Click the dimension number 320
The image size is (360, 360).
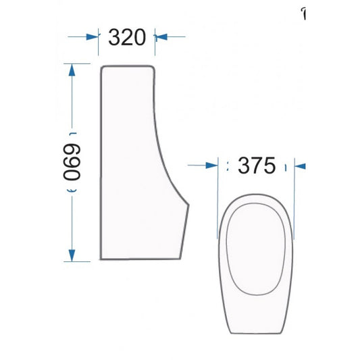(x=128, y=37)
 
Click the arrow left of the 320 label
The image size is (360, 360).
(x=92, y=37)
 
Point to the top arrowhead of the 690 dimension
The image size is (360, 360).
(x=70, y=68)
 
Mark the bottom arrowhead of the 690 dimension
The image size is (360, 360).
(x=70, y=257)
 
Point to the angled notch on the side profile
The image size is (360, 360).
(x=186, y=203)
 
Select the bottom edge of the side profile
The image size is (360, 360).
(x=138, y=259)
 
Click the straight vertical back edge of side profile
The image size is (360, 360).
(x=99, y=162)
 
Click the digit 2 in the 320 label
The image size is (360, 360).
(x=128, y=37)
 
